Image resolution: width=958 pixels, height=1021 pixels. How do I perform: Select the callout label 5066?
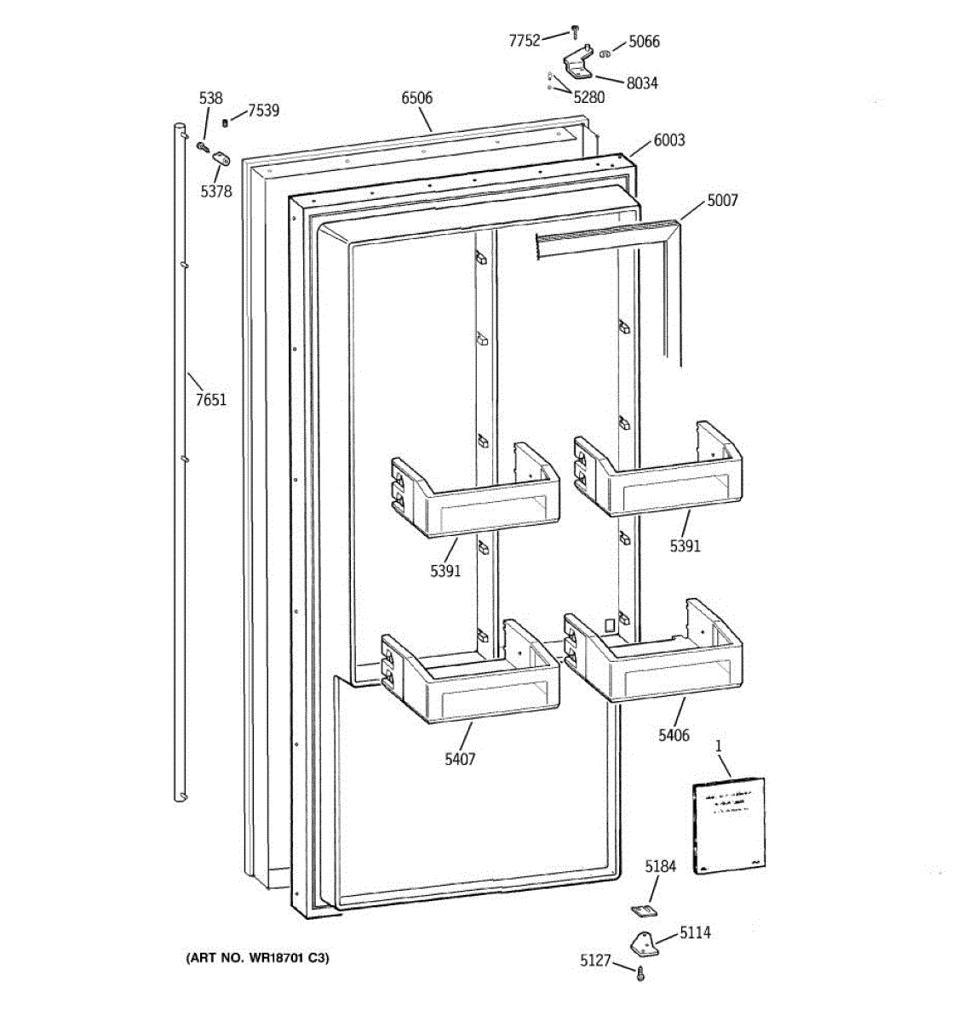click(x=643, y=42)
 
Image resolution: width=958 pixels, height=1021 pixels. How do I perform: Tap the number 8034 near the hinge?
click(x=641, y=83)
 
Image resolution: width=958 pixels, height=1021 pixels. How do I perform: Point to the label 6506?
click(x=416, y=98)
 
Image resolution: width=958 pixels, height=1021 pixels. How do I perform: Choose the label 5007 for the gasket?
click(x=722, y=201)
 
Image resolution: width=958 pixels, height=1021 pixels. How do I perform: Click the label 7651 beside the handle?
click(x=211, y=398)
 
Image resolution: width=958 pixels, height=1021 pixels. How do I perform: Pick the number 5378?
click(x=215, y=191)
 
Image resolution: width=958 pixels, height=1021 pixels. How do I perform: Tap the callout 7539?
click(x=263, y=111)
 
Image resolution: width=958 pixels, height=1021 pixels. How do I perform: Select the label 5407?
click(x=460, y=758)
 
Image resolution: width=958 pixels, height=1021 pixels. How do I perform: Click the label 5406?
click(x=674, y=734)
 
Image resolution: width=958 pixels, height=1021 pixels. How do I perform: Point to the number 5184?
click(x=660, y=867)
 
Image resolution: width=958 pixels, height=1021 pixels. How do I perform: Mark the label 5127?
click(x=595, y=960)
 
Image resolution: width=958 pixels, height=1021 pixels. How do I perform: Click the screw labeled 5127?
click(x=640, y=973)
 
